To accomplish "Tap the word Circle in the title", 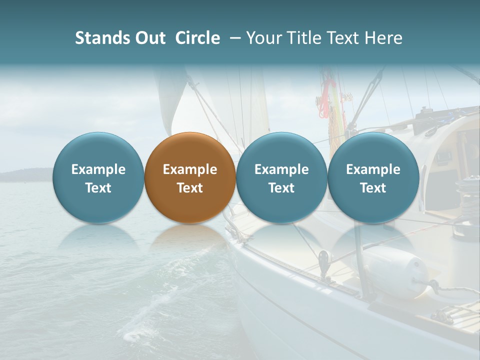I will [x=197, y=38].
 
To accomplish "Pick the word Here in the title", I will [x=383, y=38].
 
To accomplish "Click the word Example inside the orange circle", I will [x=190, y=169].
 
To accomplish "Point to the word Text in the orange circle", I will [x=190, y=188].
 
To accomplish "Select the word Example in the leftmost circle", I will [x=98, y=169].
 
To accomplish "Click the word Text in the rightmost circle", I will [x=373, y=188].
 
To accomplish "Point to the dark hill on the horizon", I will [x=25, y=175].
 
